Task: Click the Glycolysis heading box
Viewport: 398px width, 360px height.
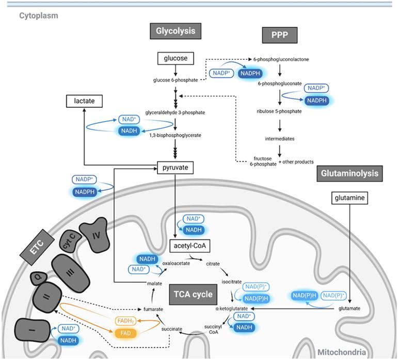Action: (176, 31)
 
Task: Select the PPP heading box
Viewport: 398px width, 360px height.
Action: (279, 36)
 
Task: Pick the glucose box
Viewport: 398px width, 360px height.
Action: (176, 58)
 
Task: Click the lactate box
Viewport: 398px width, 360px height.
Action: (84, 102)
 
